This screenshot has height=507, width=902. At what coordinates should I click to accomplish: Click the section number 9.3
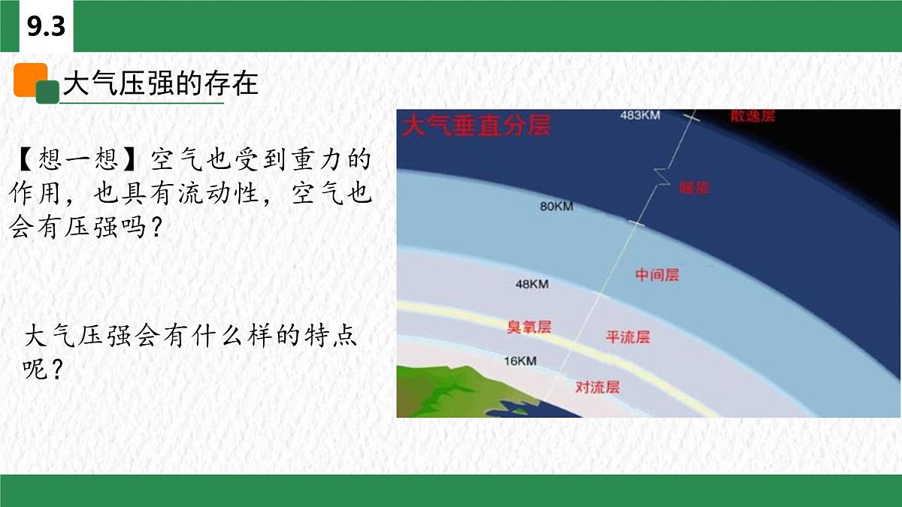click(46, 27)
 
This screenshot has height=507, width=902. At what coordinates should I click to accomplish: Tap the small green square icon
click(48, 92)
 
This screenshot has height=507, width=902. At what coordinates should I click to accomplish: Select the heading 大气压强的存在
click(160, 83)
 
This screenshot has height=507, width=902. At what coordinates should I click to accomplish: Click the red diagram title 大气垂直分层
click(477, 125)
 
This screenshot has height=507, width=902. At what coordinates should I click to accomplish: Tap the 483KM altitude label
click(640, 116)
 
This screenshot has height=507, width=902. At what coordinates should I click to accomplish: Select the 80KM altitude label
click(556, 206)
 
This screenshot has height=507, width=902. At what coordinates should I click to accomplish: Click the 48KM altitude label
click(531, 284)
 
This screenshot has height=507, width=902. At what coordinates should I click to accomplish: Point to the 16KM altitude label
click(519, 361)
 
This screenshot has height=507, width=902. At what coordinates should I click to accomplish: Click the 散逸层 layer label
click(752, 116)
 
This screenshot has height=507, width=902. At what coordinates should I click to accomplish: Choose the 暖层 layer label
click(693, 188)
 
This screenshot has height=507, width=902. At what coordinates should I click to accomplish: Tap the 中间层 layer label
click(657, 275)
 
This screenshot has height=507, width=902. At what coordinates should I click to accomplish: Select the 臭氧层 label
click(529, 327)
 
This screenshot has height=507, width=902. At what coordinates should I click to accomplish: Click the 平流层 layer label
click(628, 337)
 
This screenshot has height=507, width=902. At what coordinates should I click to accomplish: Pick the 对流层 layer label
click(598, 388)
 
